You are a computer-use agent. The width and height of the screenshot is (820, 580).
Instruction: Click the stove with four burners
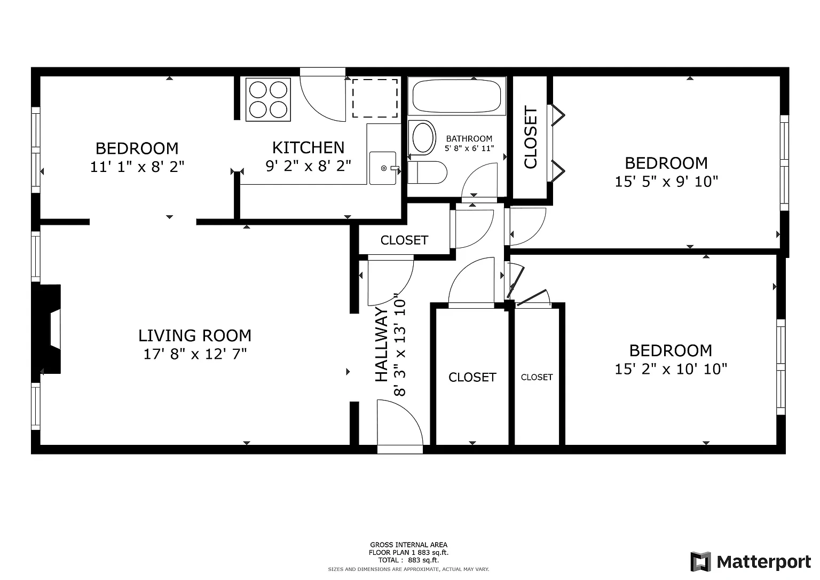(268, 99)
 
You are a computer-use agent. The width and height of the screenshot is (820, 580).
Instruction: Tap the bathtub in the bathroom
(456, 96)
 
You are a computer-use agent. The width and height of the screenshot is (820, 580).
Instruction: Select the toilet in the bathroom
(427, 172)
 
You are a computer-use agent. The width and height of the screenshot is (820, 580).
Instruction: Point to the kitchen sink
(383, 168)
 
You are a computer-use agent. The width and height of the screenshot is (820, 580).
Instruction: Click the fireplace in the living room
(47, 329)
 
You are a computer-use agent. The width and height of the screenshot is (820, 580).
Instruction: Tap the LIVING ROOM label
(195, 335)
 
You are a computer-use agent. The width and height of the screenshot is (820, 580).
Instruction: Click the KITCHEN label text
(308, 147)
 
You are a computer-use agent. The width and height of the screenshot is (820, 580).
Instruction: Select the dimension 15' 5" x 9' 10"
(666, 182)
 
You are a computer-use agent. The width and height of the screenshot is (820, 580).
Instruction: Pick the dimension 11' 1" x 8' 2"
(137, 167)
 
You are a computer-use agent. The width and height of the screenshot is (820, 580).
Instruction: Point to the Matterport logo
(751, 562)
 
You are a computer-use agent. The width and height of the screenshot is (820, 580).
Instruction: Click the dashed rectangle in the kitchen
(375, 98)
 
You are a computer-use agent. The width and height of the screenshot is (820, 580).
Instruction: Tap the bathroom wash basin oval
(423, 138)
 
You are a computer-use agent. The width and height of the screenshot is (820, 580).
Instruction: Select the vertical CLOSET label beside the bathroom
(531, 137)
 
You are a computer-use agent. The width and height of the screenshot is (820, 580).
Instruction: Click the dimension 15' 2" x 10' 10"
(671, 369)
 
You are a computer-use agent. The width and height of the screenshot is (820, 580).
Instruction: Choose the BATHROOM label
(469, 139)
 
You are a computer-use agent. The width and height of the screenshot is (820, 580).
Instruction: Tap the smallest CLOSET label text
(537, 377)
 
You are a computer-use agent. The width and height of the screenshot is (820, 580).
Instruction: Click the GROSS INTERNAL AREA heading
(408, 545)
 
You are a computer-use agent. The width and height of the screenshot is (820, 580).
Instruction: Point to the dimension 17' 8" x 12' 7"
(195, 354)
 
